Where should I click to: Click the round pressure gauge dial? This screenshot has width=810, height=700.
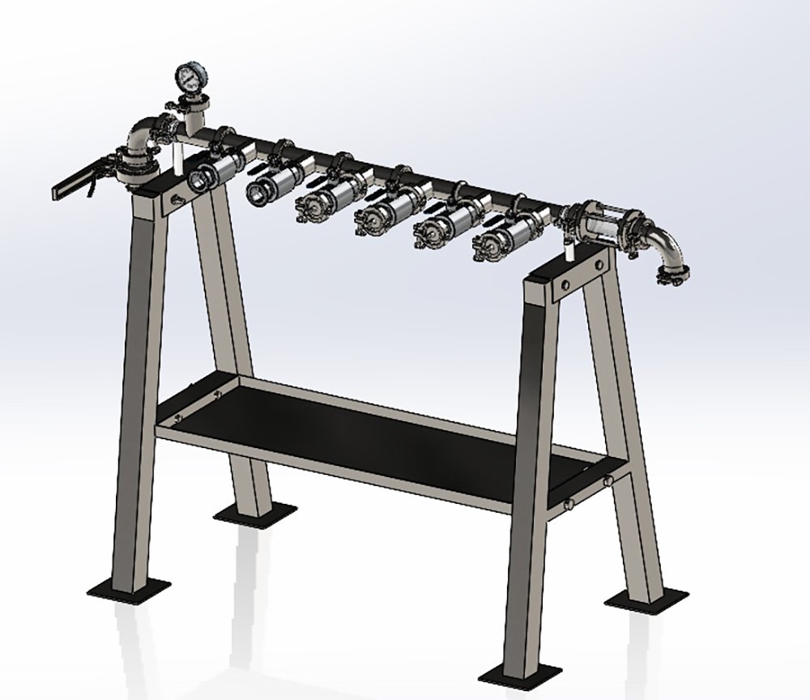tap(187, 78)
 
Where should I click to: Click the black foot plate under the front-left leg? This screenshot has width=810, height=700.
tap(129, 587)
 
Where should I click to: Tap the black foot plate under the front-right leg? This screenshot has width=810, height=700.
tap(519, 673)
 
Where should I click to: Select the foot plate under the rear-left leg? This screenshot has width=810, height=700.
tap(254, 513)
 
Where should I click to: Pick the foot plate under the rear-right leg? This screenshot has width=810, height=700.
tap(645, 601)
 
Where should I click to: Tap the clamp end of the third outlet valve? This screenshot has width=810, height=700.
tap(313, 207)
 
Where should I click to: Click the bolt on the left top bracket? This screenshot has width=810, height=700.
tap(174, 199)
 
